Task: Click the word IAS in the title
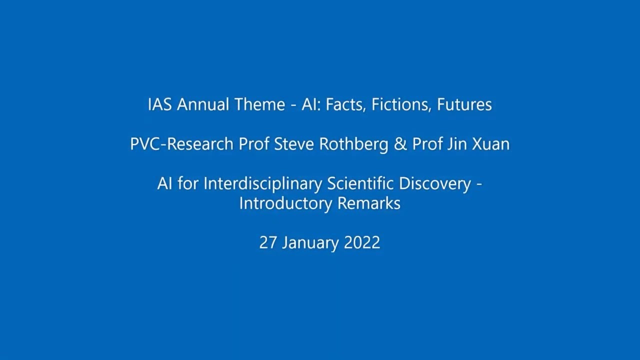(x=160, y=105)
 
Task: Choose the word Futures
(x=464, y=105)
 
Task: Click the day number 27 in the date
(x=268, y=243)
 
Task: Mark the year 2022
(x=362, y=243)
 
